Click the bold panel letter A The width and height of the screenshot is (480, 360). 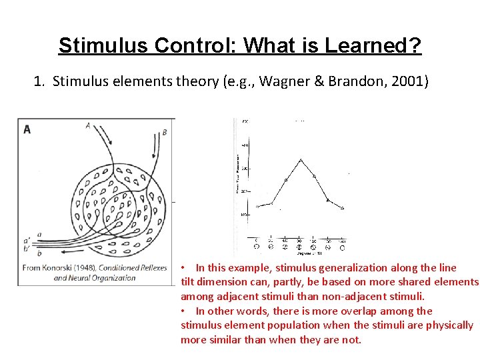click(x=27, y=129)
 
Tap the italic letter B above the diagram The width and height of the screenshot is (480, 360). click(x=165, y=132)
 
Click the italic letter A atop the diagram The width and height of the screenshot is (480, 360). click(x=89, y=125)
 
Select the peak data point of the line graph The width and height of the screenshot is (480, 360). click(x=300, y=160)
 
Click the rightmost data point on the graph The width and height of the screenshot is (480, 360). click(x=343, y=208)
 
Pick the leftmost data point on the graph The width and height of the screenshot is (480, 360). click(x=257, y=206)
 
